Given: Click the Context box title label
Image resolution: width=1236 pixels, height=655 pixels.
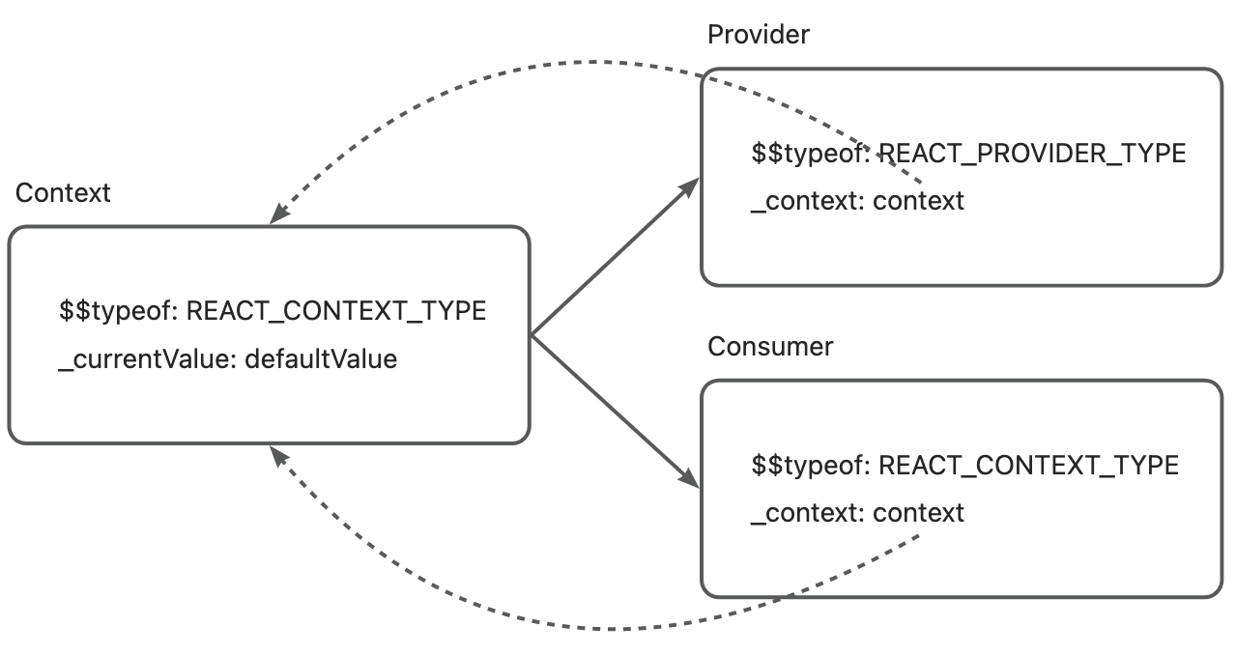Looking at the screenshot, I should pos(64,193).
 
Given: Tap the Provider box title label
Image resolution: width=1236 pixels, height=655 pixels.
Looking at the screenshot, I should pos(759,35).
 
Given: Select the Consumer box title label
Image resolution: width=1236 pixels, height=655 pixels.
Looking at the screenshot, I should pos(770,347).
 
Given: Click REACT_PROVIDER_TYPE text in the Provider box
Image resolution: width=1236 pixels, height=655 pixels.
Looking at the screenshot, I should pos(1031,154).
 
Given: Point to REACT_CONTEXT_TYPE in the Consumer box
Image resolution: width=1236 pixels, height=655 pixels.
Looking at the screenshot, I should pos(1028,466).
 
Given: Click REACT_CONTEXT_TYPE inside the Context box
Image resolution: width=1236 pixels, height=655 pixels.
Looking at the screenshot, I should pos(335,312).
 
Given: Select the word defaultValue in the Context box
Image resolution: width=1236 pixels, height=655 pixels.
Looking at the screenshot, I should pos(321,359).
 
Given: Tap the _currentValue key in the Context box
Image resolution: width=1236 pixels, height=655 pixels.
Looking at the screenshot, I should pos(147,359).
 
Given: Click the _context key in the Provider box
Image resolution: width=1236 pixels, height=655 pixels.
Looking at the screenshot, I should pos(806,201).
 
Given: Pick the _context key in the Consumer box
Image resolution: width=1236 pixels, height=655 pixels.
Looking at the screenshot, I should pos(806,513).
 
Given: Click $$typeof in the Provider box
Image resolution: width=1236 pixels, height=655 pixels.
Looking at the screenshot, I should pos(809,154).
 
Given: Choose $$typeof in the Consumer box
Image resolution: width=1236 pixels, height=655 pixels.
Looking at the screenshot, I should pos(809,466).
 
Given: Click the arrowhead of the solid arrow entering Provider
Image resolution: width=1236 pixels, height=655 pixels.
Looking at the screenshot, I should pos(693,185).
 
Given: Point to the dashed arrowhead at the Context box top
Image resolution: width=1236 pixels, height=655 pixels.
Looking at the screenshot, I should pos(277,216).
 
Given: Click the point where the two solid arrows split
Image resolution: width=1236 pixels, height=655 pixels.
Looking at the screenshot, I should pos(533,335).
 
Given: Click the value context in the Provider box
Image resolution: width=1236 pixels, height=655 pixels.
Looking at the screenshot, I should pos(918,201).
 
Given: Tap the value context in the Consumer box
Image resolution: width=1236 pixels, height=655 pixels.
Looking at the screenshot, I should pos(918,513).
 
